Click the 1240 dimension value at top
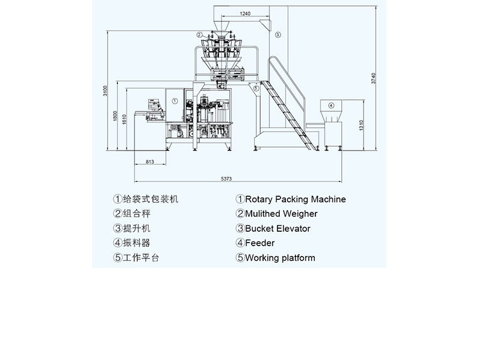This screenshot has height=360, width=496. point(245,13)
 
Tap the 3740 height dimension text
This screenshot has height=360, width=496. point(374,78)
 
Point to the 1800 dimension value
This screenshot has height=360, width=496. point(116,116)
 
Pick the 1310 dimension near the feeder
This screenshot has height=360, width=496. point(361,125)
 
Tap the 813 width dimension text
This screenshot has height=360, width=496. point(150,161)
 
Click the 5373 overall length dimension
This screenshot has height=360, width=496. point(226,179)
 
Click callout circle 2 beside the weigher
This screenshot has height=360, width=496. point(199,35)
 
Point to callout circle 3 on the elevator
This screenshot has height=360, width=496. point(278,35)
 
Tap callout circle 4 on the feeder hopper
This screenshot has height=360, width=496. point(330,105)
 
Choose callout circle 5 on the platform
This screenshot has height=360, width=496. point(256,88)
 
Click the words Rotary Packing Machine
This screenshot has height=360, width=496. point(295,199)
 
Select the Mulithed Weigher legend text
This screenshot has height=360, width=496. point(281,214)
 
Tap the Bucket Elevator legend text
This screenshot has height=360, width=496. point(277,229)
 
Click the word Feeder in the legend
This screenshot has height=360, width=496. point(259,243)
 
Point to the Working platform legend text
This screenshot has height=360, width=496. point(280,258)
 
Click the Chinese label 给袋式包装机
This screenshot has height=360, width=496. point(150,199)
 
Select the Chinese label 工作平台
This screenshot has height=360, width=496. point(141,258)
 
